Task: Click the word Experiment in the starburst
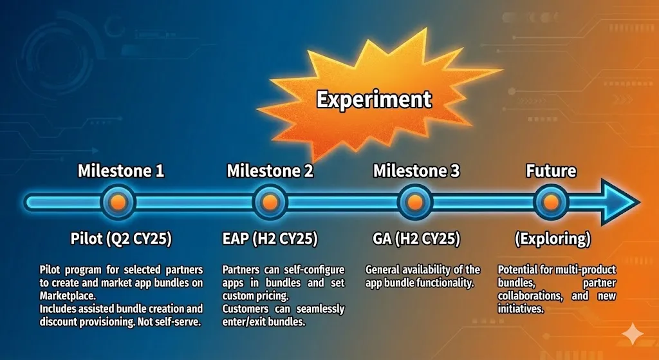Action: (x=374, y=99)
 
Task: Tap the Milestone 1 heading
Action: (x=121, y=171)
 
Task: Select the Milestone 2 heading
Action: (x=270, y=171)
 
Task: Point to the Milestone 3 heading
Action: (x=417, y=171)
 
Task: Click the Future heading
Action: (x=551, y=171)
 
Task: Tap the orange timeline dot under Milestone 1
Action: (x=117, y=202)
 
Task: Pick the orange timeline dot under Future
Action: (x=551, y=202)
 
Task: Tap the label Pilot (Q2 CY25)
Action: (x=121, y=240)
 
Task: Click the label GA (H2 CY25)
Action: (x=416, y=240)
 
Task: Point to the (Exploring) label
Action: (x=553, y=240)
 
